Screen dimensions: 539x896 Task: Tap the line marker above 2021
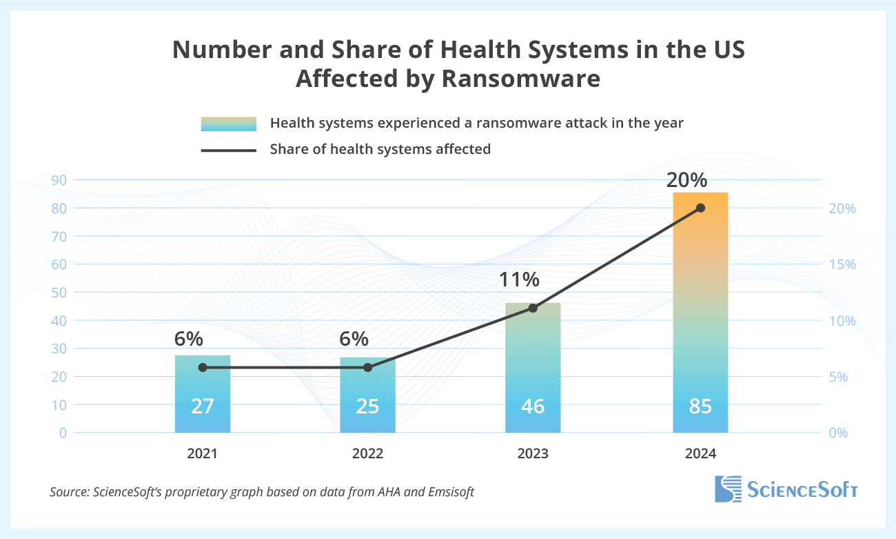pyautogui.click(x=203, y=368)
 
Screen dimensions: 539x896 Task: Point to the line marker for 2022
pyautogui.click(x=367, y=368)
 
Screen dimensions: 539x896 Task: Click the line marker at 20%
pyautogui.click(x=700, y=208)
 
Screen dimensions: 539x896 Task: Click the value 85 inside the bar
pyautogui.click(x=700, y=406)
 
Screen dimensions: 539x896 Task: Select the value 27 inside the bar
pyautogui.click(x=203, y=406)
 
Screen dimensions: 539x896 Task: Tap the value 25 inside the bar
pyautogui.click(x=367, y=406)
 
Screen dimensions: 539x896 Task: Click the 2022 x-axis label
pyautogui.click(x=367, y=454)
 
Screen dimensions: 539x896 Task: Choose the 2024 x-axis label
pyautogui.click(x=700, y=454)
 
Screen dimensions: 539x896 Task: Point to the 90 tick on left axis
pyautogui.click(x=59, y=180)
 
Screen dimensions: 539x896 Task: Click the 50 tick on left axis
pyautogui.click(x=59, y=293)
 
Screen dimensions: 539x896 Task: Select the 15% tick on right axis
pyautogui.click(x=841, y=264)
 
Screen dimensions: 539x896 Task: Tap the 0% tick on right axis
pyautogui.click(x=838, y=433)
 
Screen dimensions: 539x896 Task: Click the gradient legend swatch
pyautogui.click(x=228, y=124)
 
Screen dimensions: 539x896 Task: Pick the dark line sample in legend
pyautogui.click(x=228, y=150)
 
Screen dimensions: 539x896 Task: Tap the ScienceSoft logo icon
pyautogui.click(x=728, y=489)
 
